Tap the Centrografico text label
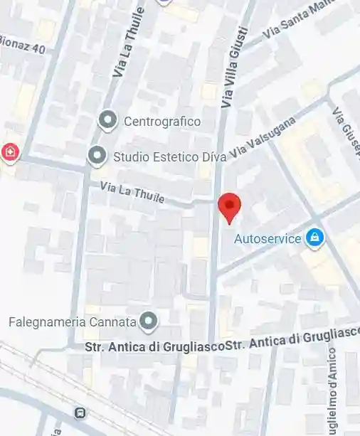(162, 121)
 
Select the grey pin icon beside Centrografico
(108, 120)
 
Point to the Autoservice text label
(268, 239)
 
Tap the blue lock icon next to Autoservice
(314, 238)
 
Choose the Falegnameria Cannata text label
(72, 321)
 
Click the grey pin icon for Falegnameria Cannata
(148, 321)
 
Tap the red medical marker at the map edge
(9, 151)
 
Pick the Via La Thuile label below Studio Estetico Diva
(133, 192)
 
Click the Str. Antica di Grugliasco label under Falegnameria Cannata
(154, 347)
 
